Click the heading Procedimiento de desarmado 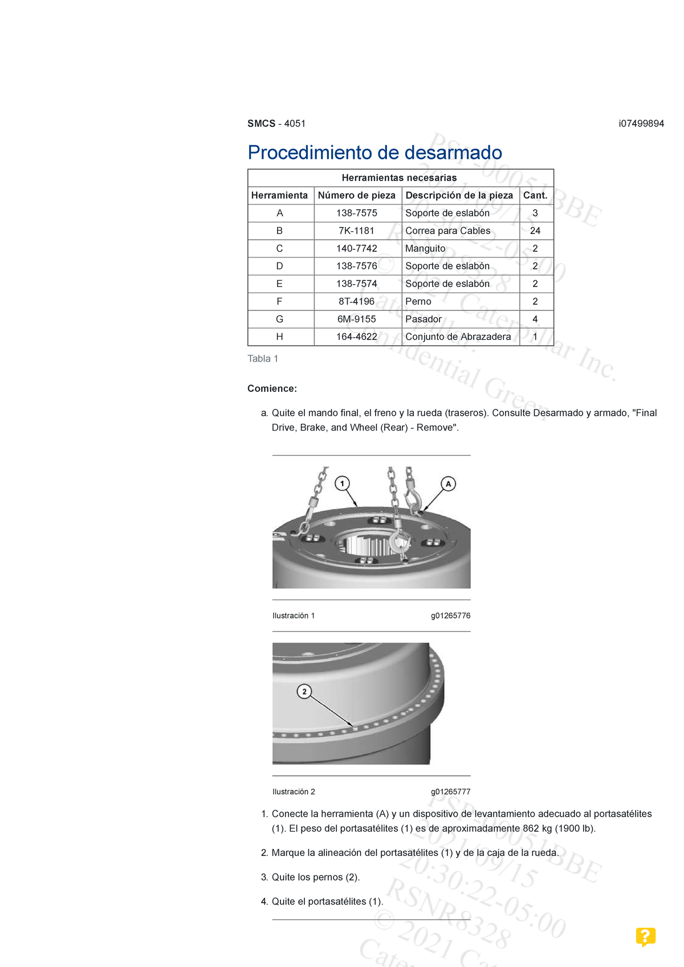tap(374, 153)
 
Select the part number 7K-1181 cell tap(356, 231)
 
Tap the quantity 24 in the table tap(535, 231)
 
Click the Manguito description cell tap(425, 248)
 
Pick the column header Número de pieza tap(356, 195)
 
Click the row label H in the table tap(279, 337)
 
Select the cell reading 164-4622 tap(356, 337)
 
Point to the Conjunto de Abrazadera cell tap(458, 337)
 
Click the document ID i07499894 tap(641, 124)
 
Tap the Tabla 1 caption tap(263, 359)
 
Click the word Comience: tap(272, 388)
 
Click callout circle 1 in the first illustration tap(342, 484)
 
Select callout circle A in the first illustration tap(449, 484)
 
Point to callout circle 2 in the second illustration tap(304, 691)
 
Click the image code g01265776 tap(450, 616)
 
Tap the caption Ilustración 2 tap(294, 792)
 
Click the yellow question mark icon tap(645, 936)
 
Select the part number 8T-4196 tap(356, 301)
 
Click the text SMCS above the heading tap(261, 124)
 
